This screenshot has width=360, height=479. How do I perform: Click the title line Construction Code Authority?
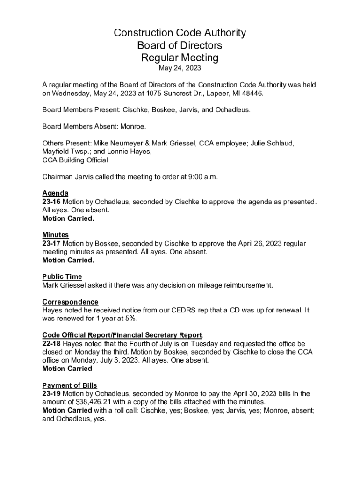pos(180,33)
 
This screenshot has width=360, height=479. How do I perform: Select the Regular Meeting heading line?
pos(180,58)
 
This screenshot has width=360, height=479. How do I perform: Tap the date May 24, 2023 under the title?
pos(180,69)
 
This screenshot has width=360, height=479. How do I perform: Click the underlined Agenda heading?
pos(55,193)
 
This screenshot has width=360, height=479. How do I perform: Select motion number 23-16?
pos(51,202)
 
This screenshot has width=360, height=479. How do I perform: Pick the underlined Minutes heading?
pos(55,235)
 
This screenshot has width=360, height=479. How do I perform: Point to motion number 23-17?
pos(51,243)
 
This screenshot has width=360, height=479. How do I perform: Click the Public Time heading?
pos(62,276)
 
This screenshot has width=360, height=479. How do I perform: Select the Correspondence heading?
pos(70,302)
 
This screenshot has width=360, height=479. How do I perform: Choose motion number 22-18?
pos(51,344)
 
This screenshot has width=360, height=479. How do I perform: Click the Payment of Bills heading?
pos(70,385)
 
